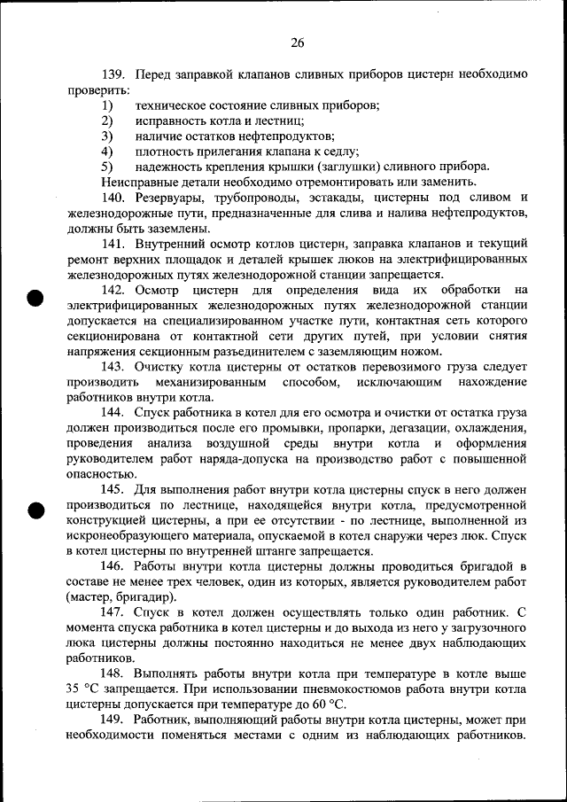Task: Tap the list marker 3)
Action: click(107, 136)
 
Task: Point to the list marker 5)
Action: click(107, 166)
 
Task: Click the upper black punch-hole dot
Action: click(34, 297)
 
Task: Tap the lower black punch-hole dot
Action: click(34, 510)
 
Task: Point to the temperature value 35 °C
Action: click(89, 689)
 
